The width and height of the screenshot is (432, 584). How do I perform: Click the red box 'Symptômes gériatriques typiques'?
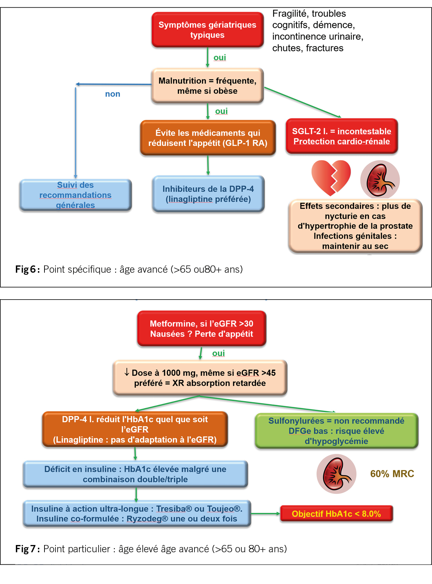click(208, 30)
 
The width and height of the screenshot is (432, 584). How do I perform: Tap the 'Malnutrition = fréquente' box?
click(208, 86)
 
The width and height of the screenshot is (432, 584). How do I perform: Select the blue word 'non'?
click(112, 94)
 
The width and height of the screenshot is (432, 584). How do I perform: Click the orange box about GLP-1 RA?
click(208, 138)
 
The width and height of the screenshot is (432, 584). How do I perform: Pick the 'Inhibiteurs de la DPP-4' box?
click(208, 194)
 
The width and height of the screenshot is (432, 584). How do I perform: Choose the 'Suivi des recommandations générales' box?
click(76, 195)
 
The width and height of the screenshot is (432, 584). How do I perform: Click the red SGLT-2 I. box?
click(342, 136)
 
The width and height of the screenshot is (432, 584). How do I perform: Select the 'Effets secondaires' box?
click(355, 226)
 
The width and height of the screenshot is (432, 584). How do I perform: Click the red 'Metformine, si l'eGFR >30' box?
click(202, 329)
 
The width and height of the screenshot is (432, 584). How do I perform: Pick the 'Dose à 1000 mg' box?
click(200, 378)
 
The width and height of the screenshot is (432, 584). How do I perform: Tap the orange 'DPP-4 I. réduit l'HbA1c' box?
click(135, 429)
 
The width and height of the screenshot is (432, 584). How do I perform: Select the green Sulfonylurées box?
click(336, 431)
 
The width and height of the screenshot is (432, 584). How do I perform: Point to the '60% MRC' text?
click(392, 474)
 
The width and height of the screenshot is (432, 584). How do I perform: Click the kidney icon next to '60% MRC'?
click(336, 474)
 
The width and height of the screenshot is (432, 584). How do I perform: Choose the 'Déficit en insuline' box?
click(135, 474)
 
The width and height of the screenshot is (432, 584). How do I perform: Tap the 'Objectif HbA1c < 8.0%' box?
click(336, 514)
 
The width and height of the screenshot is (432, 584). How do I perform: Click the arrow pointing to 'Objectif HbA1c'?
click(265, 514)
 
